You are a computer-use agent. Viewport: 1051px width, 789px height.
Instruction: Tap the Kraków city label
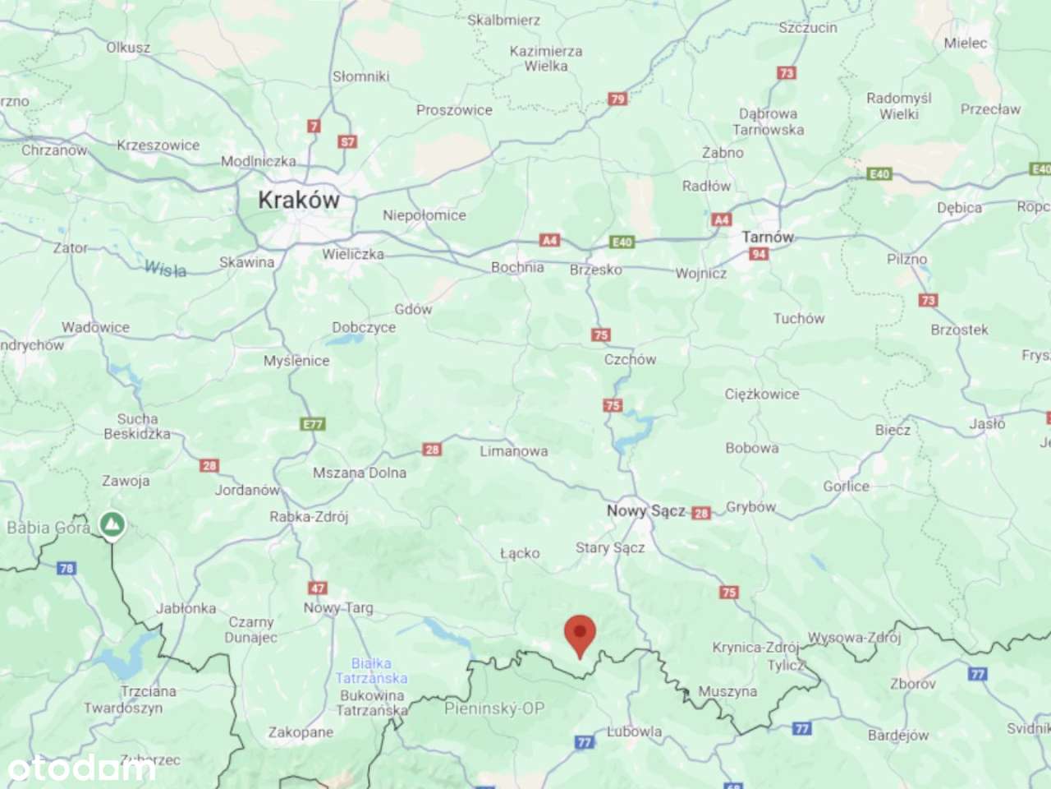[299, 200]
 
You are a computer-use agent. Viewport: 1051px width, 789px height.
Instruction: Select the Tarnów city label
[768, 237]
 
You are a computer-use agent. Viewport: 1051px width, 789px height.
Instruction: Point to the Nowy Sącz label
[645, 510]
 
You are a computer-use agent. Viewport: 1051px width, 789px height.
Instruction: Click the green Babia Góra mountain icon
[112, 524]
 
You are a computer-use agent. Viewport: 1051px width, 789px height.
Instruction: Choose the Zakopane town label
[301, 731]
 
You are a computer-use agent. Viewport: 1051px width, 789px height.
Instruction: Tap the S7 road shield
[348, 141]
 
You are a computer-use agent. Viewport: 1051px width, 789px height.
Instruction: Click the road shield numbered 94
[759, 254]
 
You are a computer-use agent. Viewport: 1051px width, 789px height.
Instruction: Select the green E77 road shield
[313, 424]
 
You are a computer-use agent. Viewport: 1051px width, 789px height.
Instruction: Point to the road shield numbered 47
[318, 588]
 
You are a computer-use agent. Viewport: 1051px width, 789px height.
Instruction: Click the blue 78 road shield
[67, 568]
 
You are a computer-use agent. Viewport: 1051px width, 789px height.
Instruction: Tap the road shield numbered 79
[617, 99]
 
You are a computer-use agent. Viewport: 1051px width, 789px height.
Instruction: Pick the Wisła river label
[165, 269]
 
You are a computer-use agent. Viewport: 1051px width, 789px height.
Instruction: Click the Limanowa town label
[514, 451]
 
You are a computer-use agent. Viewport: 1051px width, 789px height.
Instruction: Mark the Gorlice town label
[846, 487]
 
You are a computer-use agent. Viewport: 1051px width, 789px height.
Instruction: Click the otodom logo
[80, 768]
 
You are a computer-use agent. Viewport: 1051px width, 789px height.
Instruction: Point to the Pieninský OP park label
[494, 708]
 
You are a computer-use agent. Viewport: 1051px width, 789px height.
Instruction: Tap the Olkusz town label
[128, 48]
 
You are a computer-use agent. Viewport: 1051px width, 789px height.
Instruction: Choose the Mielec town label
[966, 43]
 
